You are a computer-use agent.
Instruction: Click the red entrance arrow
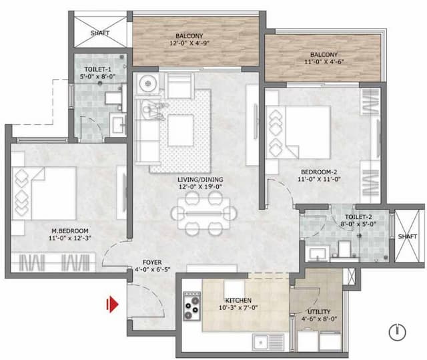tap(113, 305)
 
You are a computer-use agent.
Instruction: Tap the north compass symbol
tap(397, 330)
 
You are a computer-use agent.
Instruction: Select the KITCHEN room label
tap(238, 301)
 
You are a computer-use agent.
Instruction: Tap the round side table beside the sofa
tap(148, 83)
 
